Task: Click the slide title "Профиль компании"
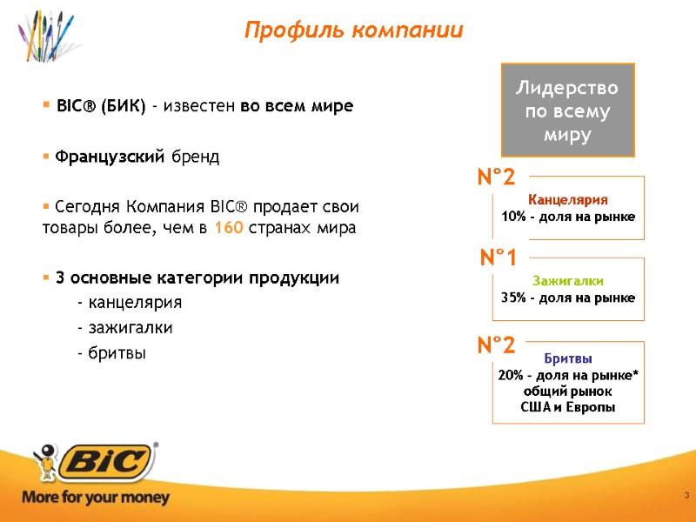[x=353, y=30]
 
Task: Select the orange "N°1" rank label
[x=499, y=258]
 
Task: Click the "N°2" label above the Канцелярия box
[x=497, y=178]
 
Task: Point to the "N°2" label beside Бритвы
[x=497, y=345]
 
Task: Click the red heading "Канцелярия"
[x=568, y=199]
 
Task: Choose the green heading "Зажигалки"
[x=567, y=281]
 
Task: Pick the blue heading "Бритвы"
[x=568, y=358]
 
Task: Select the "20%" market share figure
[x=510, y=375]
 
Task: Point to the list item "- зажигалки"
[x=124, y=328]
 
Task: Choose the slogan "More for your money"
[x=96, y=499]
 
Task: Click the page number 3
[x=686, y=496]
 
